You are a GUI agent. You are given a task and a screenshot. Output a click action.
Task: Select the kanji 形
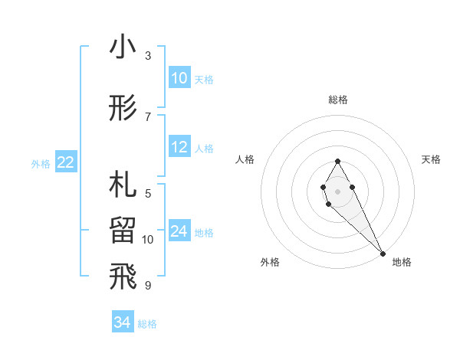click(x=123, y=108)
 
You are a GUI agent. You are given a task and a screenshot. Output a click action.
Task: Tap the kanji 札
click(x=123, y=185)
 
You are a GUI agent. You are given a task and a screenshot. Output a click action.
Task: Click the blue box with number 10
click(x=179, y=78)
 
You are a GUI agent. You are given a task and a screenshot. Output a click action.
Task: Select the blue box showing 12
click(x=179, y=147)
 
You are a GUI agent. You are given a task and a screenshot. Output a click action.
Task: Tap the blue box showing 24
click(x=179, y=231)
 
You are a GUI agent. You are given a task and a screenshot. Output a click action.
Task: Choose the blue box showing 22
click(x=65, y=162)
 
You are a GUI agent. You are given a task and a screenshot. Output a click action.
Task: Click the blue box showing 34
click(x=123, y=323)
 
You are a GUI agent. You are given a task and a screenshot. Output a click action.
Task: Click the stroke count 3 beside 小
click(x=148, y=56)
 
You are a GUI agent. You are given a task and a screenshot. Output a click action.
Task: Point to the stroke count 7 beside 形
click(x=148, y=116)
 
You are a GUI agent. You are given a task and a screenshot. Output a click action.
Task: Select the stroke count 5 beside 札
click(x=148, y=193)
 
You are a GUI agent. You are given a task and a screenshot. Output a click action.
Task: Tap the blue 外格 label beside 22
click(x=40, y=163)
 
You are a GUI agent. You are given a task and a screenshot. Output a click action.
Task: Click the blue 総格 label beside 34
click(x=147, y=324)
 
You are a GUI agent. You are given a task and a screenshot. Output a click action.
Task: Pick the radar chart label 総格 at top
click(x=337, y=100)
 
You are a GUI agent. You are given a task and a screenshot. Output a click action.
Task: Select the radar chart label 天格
click(x=431, y=159)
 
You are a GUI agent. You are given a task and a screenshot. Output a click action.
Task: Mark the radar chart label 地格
click(x=402, y=262)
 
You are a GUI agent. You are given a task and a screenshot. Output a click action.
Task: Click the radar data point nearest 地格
click(x=383, y=252)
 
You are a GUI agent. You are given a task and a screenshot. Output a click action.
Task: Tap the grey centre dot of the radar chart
click(x=337, y=189)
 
